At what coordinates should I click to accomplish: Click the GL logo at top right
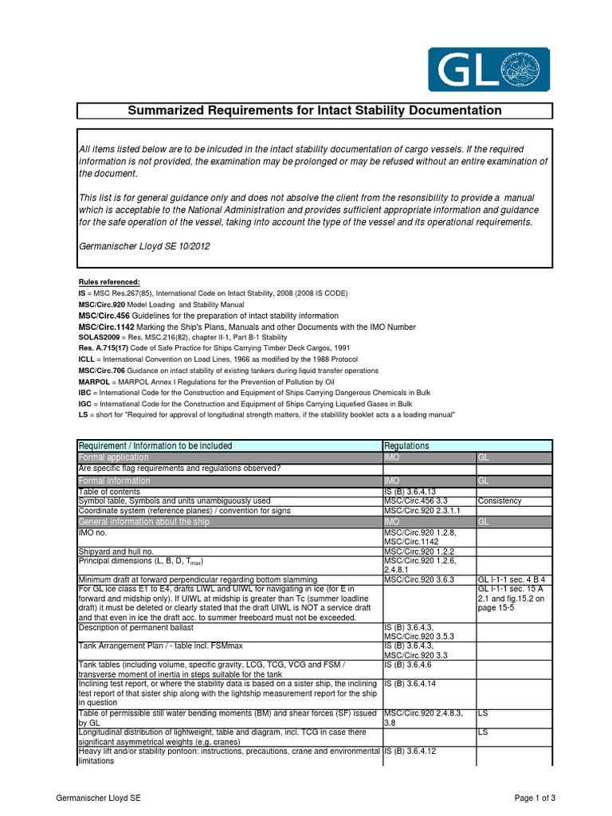click(x=488, y=69)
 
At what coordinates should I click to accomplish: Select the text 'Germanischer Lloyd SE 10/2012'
click(x=143, y=246)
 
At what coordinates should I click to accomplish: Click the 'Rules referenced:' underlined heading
click(x=108, y=282)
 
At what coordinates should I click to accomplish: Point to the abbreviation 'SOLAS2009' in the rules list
click(x=99, y=338)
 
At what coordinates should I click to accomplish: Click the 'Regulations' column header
click(x=406, y=446)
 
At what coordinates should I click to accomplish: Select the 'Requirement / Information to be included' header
click(x=155, y=446)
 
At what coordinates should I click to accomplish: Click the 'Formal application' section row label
click(x=113, y=457)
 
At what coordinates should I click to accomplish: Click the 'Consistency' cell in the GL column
click(x=499, y=500)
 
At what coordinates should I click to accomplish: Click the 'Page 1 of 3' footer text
click(x=534, y=798)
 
